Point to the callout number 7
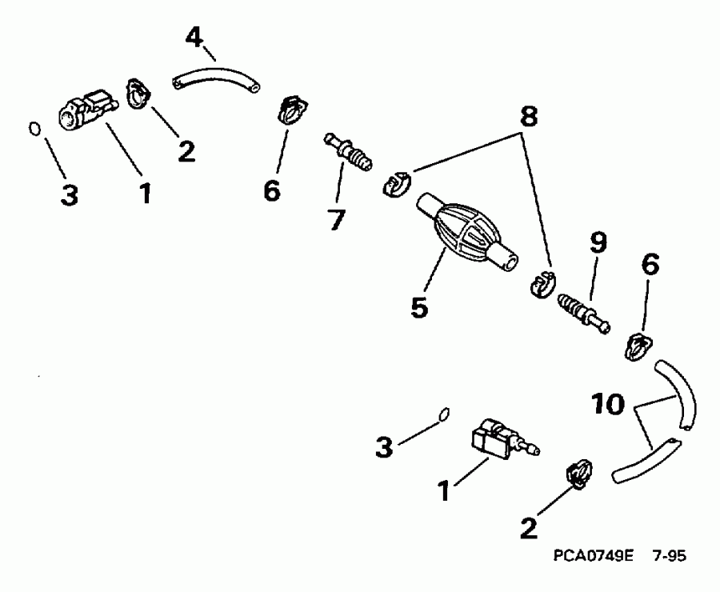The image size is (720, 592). pyautogui.click(x=336, y=218)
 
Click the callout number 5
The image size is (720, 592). pyautogui.click(x=418, y=307)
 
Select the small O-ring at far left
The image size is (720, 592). pyautogui.click(x=34, y=127)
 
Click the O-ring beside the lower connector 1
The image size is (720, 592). pyautogui.click(x=444, y=413)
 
